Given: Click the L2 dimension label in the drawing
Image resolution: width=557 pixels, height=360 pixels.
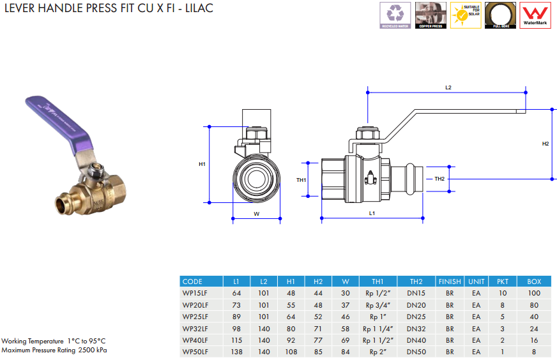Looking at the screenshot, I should [x=448, y=87].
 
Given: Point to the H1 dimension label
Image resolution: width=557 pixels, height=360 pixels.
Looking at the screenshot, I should [x=202, y=165].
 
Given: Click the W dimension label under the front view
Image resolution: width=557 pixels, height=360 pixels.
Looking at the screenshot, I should [x=256, y=214].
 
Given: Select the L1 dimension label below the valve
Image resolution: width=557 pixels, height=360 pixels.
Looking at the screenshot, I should [x=372, y=214].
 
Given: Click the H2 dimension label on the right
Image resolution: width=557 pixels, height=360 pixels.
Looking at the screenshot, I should [x=546, y=144].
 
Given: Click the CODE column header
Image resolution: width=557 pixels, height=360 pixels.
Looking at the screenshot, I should [x=192, y=281].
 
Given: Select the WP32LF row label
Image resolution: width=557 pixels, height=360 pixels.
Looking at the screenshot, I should [x=195, y=328].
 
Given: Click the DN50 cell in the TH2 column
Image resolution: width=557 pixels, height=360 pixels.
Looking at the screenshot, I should [x=416, y=352].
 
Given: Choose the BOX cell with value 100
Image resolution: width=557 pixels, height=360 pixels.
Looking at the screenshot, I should [x=534, y=293].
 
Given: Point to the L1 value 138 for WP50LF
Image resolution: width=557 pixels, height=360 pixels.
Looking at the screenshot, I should [x=236, y=352].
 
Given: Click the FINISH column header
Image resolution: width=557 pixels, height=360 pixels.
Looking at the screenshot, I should [x=450, y=281].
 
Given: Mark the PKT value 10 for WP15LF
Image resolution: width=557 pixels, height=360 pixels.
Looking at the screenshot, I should [x=503, y=293].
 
